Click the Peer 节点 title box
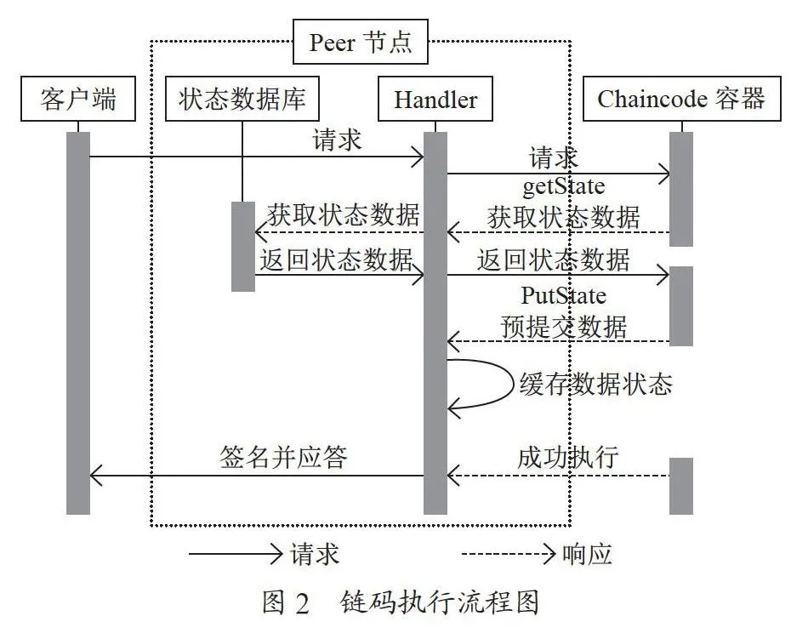(x=360, y=42)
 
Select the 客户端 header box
(x=78, y=99)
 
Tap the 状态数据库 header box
(x=242, y=99)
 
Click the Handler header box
(x=435, y=99)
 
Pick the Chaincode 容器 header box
(x=681, y=99)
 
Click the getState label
(x=564, y=186)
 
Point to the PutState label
(x=564, y=295)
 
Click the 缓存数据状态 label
(x=595, y=384)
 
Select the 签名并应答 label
(x=283, y=457)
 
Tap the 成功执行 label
(x=568, y=457)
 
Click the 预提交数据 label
(x=564, y=326)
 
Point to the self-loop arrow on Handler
(x=512, y=384)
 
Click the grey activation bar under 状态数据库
(x=243, y=247)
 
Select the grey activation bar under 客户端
(x=78, y=323)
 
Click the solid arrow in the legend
(x=236, y=554)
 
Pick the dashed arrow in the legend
(x=509, y=554)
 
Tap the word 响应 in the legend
(x=587, y=554)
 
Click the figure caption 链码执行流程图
(x=440, y=602)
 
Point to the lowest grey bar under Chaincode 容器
(x=681, y=487)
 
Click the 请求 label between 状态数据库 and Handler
(x=337, y=140)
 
